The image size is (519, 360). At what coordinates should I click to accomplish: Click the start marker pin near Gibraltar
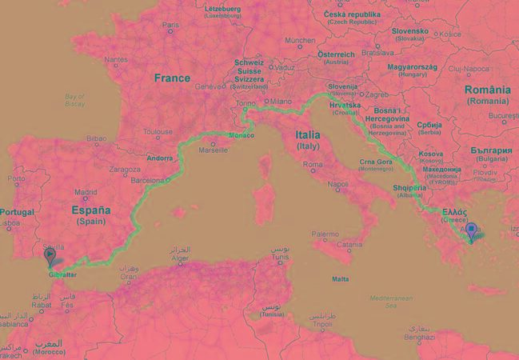pos(50,256)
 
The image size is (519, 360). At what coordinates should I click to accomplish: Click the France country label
pos(172,78)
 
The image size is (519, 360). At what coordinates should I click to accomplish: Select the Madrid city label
pos(86,192)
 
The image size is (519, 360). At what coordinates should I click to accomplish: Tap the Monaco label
pos(241,135)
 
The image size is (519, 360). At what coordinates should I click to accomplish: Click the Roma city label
pos(312,164)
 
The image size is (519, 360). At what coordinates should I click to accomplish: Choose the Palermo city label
pos(325,234)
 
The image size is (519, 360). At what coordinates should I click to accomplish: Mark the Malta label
pos(341,278)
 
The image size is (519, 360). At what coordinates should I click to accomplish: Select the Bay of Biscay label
pos(74,100)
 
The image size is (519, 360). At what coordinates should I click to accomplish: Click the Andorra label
pos(161,158)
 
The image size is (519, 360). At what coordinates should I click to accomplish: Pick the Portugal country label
pos(20,211)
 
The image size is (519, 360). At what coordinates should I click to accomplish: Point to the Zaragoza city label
pos(125,170)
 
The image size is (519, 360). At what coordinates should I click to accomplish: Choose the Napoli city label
pos(337,184)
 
